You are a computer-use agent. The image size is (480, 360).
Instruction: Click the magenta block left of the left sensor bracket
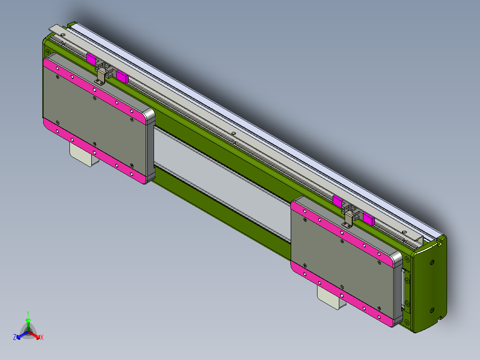(91, 59)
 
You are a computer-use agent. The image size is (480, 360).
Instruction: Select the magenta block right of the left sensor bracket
(122, 77)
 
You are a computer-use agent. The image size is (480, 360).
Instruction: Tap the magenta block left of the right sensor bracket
(338, 200)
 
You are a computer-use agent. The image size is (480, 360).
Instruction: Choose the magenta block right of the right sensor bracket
(368, 218)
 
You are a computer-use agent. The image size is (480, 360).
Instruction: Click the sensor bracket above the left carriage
(102, 75)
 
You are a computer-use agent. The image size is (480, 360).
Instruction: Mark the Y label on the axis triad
(28, 313)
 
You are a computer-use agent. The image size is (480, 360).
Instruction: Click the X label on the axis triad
(42, 338)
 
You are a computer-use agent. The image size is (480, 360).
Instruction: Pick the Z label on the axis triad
(15, 337)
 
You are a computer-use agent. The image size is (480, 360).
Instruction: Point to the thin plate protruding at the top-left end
(58, 29)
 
